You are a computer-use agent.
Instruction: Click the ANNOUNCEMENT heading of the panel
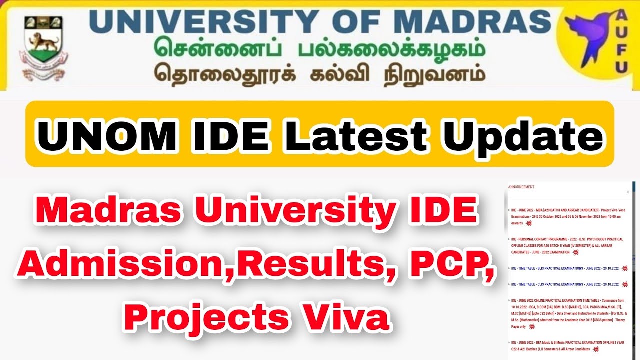(521, 187)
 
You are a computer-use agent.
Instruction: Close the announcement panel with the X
(628, 192)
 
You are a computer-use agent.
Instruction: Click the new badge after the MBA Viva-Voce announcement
(529, 223)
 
